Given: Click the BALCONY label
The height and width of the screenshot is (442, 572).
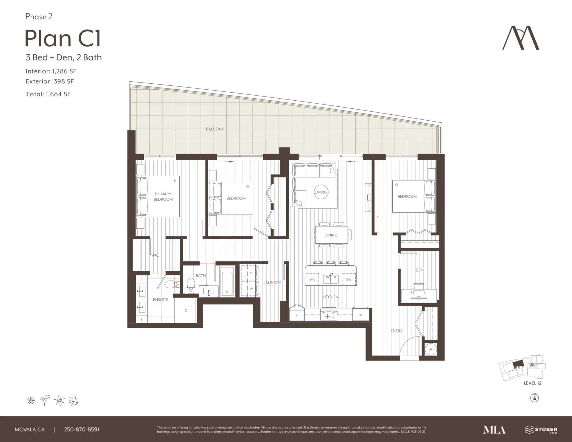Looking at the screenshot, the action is click(x=215, y=129).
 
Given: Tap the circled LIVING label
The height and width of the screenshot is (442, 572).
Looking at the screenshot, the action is click(x=321, y=192).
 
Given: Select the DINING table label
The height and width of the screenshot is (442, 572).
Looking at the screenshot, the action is click(x=331, y=235).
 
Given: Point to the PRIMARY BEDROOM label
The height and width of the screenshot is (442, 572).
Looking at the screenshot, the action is click(x=163, y=197).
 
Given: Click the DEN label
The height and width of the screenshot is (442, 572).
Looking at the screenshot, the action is click(x=419, y=270).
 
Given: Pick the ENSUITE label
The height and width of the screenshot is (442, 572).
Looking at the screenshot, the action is click(x=161, y=300).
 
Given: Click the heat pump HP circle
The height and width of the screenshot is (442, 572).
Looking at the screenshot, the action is click(x=430, y=349).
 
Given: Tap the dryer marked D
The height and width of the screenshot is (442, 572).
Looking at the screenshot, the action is click(x=249, y=273).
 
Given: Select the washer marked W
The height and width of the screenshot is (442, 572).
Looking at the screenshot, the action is click(x=249, y=289).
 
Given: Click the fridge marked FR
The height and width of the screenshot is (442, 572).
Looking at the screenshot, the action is click(x=360, y=315).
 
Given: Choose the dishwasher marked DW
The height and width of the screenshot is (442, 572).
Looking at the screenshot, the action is click(x=349, y=279).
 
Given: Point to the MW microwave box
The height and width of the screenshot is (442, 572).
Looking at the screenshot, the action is click(x=312, y=279).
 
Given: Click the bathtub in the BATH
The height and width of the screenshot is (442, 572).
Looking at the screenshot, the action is click(x=227, y=281).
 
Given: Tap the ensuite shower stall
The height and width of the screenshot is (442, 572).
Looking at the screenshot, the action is click(x=186, y=310).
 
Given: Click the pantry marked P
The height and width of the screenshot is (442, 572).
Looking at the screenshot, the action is click(x=297, y=315).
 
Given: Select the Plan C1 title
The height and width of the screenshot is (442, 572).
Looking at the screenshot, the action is click(x=63, y=38).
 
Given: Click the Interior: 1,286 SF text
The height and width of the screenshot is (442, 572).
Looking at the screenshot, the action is click(x=51, y=71).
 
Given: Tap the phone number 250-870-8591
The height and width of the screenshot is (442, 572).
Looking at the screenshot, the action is click(x=82, y=429).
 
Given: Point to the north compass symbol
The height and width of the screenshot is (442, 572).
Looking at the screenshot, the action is click(x=535, y=397).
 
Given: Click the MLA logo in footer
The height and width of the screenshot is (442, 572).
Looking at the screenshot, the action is click(x=494, y=429).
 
